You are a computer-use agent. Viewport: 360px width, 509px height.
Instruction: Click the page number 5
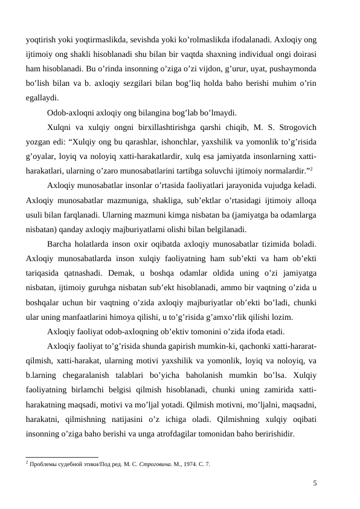pos(315,482)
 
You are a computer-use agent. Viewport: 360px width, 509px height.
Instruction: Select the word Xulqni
pos(59,127)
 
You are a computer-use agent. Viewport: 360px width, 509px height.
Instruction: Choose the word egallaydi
pos(42,98)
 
